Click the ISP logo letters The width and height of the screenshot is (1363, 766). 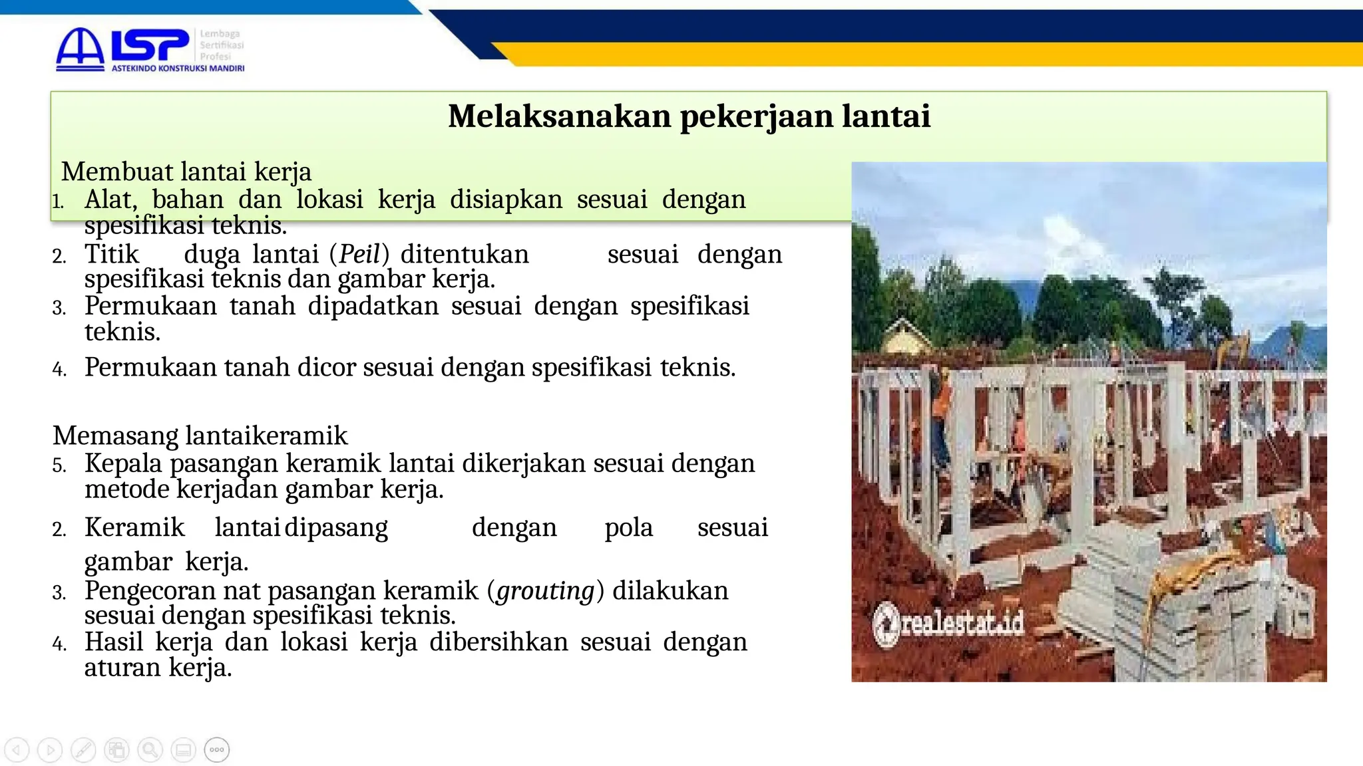click(x=150, y=46)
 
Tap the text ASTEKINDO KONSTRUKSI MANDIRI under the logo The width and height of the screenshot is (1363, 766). click(x=178, y=68)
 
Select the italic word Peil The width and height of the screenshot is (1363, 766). click(x=359, y=254)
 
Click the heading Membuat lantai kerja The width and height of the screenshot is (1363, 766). click(x=186, y=172)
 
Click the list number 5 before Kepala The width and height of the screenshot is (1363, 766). click(x=59, y=465)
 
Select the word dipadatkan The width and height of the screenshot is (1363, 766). click(x=373, y=306)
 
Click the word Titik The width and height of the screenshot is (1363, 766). click(x=111, y=254)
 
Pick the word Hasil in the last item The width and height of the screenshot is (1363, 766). click(x=114, y=642)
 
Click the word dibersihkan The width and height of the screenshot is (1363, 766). click(x=498, y=642)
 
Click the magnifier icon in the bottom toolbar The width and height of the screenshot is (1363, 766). click(x=150, y=750)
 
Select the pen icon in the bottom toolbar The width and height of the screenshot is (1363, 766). click(x=83, y=750)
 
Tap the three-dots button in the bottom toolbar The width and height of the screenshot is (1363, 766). click(x=217, y=750)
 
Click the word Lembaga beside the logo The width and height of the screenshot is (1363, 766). click(x=220, y=34)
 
